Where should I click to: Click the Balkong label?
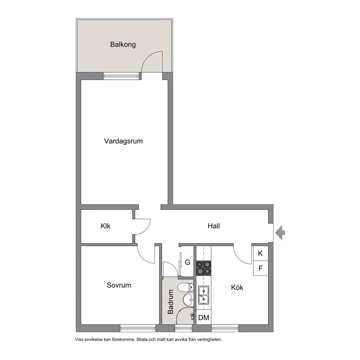coord(123,44)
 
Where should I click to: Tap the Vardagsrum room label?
coord(123,141)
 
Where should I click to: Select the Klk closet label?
coord(105,226)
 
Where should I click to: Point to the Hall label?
coord(213,226)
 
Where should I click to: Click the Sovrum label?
coord(119,285)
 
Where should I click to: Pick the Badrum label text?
coord(170,302)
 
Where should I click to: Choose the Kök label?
coord(237,287)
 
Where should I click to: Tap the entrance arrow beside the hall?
coord(280,232)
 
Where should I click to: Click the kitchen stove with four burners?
coord(204,268)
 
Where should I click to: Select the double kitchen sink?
coord(204,295)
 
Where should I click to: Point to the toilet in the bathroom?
coord(186,287)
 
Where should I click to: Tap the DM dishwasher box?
coord(204,317)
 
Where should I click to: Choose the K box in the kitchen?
coord(261,253)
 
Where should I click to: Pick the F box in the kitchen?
coord(261,268)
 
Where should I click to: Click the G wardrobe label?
coord(187,262)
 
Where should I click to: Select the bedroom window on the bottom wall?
coord(138,328)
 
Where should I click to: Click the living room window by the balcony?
coord(121,76)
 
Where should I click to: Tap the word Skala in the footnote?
coord(142,340)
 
